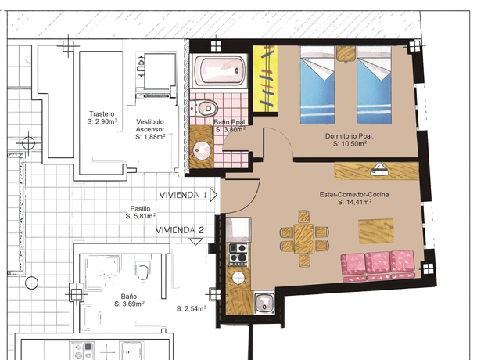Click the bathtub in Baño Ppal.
(219, 70)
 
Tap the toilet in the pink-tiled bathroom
(205, 108)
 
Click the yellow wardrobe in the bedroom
(265, 79)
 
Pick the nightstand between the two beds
(346, 53)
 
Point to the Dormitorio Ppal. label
(350, 136)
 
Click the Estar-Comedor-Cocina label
(354, 194)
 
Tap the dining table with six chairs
(304, 239)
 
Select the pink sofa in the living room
(378, 266)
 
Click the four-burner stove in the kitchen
(238, 254)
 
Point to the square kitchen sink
(264, 303)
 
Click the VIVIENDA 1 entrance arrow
(213, 195)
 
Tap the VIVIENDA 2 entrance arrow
(195, 241)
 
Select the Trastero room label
(102, 114)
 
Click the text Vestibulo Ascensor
(150, 125)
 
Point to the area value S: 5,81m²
(141, 216)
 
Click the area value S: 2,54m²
(192, 308)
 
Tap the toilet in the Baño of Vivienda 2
(142, 271)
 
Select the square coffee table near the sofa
(376, 231)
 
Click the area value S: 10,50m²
(350, 144)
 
